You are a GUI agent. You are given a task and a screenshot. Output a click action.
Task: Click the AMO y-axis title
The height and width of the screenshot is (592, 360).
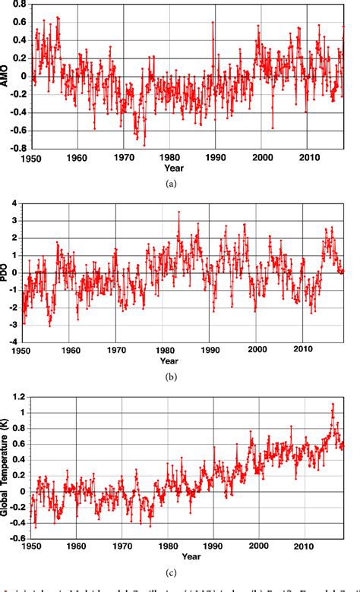(x=6, y=76)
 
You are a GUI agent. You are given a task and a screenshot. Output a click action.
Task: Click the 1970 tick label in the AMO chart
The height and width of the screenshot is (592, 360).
(x=125, y=158)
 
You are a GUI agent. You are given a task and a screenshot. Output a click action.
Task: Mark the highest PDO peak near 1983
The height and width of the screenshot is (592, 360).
(x=178, y=212)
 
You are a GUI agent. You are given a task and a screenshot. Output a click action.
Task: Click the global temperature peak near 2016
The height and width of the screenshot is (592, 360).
(x=333, y=404)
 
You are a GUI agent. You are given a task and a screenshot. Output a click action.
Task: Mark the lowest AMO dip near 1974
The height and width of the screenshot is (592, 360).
(x=144, y=145)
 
